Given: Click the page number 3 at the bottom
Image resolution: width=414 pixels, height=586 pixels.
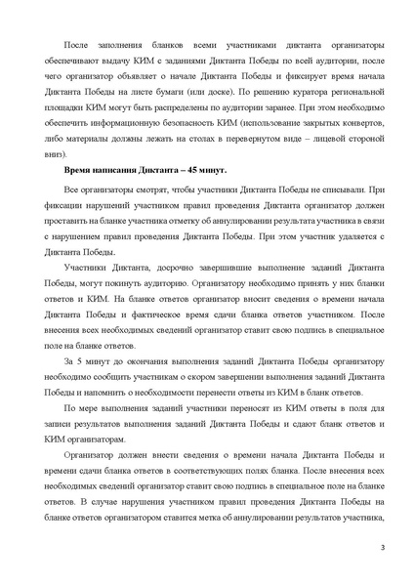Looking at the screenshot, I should click(383, 560).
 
